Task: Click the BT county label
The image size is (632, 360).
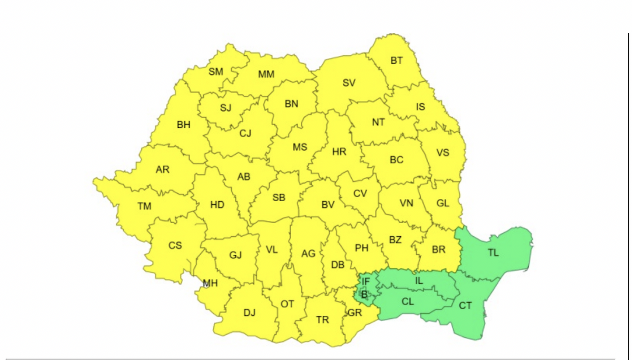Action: [397, 61]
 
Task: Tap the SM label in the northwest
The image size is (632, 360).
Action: [216, 72]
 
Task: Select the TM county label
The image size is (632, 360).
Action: [144, 206]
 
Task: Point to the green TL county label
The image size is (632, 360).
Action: [493, 253]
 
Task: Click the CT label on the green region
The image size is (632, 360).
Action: [465, 305]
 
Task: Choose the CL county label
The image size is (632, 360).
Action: [408, 302]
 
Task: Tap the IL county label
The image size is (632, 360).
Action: [419, 281]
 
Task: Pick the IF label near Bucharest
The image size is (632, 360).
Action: [366, 283]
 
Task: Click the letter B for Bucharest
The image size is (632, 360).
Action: [364, 294]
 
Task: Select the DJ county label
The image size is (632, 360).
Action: [249, 313]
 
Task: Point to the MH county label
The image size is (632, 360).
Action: [211, 284]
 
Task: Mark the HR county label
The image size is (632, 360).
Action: [340, 152]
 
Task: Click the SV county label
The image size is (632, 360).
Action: [349, 83]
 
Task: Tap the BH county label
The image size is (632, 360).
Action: [184, 125]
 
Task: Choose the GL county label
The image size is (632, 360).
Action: [443, 203]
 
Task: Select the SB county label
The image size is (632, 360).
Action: [279, 198]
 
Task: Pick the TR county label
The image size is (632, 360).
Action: [322, 319]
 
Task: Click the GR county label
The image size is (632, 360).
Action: [355, 313]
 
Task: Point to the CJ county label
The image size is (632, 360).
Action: [245, 133]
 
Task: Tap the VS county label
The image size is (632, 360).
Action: [443, 153]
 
